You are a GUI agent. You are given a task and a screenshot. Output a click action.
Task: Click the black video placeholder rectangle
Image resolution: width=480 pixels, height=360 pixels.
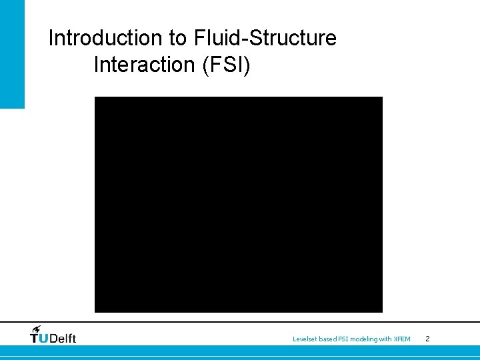pos(238,204)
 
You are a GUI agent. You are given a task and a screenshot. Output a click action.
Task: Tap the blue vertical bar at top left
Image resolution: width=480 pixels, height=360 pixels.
pos(12,53)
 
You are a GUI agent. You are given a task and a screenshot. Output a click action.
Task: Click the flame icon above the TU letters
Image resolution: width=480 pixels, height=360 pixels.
pos(37,329)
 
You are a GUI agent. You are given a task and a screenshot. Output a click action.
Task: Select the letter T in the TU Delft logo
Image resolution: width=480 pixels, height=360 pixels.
pos(35,338)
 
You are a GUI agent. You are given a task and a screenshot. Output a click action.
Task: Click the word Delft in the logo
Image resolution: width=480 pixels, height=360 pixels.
pos(63,338)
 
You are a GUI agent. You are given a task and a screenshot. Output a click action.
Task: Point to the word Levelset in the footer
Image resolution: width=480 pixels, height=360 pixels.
pos(304,339)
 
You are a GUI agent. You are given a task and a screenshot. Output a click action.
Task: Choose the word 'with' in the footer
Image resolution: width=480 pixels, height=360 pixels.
pos(385,339)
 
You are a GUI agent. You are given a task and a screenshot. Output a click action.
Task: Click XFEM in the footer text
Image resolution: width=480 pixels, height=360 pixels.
pos(402,339)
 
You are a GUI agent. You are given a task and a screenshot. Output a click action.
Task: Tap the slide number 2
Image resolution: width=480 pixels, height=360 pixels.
pos(427,339)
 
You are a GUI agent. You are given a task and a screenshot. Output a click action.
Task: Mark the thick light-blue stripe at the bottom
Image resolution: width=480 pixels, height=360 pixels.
pos(240,351)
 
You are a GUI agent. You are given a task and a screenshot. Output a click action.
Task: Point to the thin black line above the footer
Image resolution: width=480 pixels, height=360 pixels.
pos(240,321)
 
